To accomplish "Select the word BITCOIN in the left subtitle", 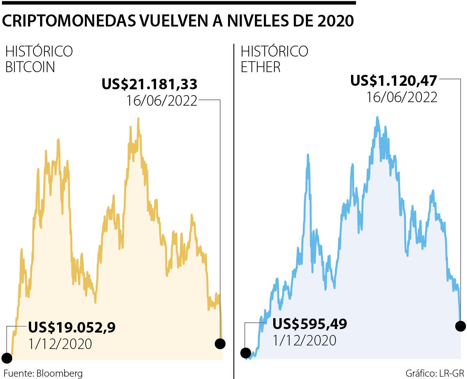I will [x=30, y=67].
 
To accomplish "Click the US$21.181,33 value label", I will [x=149, y=84].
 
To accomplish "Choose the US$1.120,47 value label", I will [x=394, y=81].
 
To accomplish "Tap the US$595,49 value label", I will [x=309, y=324].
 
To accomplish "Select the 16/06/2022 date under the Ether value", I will [x=402, y=97].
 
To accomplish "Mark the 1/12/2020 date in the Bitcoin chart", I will [x=60, y=344].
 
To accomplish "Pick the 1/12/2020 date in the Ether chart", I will [x=304, y=340].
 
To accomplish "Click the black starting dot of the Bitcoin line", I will [x=7, y=357].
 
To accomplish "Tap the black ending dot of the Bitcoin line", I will [x=220, y=344].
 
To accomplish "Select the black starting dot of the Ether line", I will [x=246, y=353].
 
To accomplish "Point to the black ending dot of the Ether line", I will [x=460, y=326].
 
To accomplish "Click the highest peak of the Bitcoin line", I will [x=138, y=119].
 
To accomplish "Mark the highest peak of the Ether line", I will [x=377, y=117].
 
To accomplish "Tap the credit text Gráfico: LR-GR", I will [x=435, y=373].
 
